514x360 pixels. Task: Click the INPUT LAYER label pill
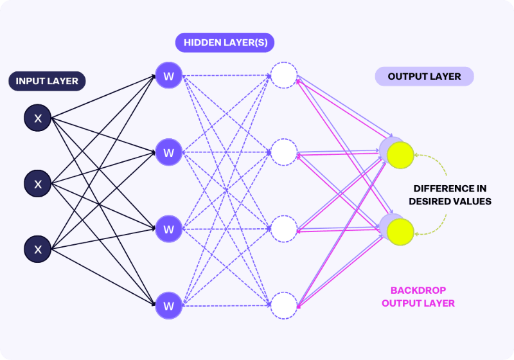(x=47, y=81)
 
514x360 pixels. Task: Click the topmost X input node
(x=38, y=118)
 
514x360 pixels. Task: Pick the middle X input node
(x=38, y=184)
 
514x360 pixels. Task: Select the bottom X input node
(x=38, y=249)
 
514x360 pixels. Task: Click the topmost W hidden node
(x=169, y=76)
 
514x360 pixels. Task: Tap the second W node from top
(x=169, y=152)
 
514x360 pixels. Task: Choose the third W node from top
(x=169, y=229)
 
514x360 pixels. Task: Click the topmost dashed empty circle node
(x=283, y=75)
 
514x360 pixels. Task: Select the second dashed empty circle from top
(x=283, y=152)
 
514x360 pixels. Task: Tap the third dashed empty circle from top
(x=283, y=229)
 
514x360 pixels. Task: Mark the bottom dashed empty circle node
(x=283, y=305)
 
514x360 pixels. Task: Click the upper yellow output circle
(x=400, y=156)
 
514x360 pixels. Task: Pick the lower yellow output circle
(x=400, y=232)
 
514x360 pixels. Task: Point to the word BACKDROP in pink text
(x=418, y=291)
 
